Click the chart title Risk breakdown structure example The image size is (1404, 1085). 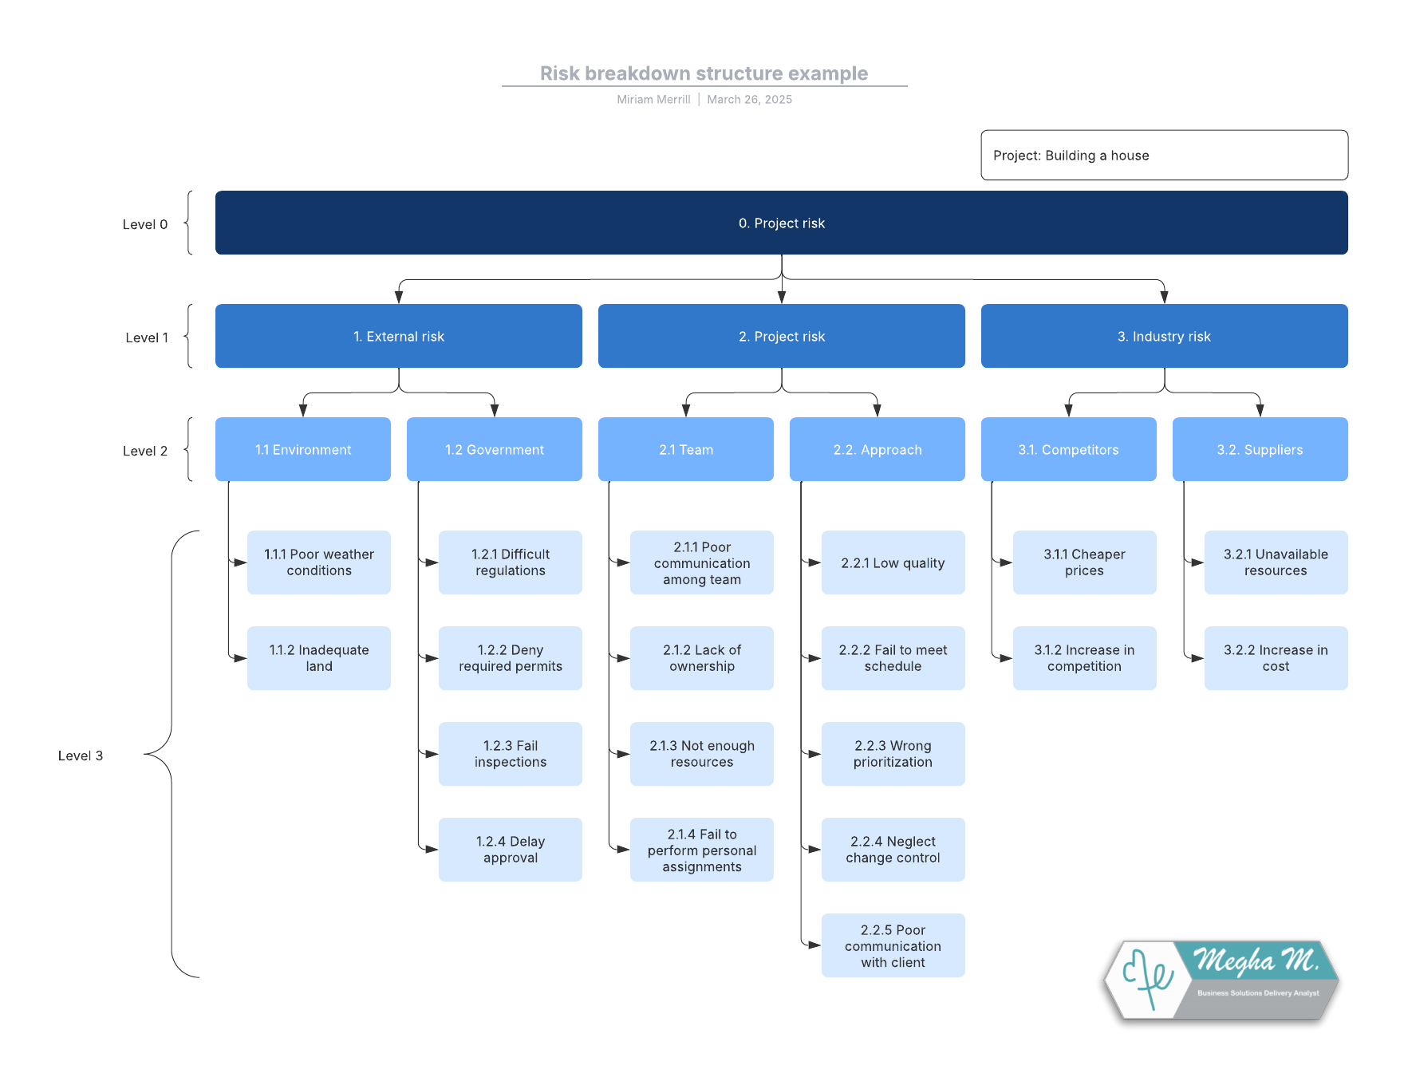[x=704, y=73]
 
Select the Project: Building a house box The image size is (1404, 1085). [x=1163, y=156]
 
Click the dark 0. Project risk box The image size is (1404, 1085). [x=781, y=223]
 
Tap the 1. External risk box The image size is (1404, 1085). [x=398, y=337]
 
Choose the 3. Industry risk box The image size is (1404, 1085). [x=1163, y=337]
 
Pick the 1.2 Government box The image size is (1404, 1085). [x=494, y=450]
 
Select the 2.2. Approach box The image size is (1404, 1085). [x=877, y=450]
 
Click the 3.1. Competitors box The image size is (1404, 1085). [x=1067, y=450]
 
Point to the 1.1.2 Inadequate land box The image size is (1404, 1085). [x=318, y=658]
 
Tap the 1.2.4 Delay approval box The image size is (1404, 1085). [x=510, y=850]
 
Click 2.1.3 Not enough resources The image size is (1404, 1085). [x=701, y=754]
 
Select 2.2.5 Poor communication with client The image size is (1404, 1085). [x=893, y=945]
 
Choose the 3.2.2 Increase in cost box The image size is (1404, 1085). [x=1275, y=658]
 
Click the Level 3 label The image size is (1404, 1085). [x=81, y=756]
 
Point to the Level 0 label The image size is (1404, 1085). [x=144, y=224]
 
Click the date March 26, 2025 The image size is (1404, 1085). [x=749, y=100]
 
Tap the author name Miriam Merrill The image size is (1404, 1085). [x=653, y=100]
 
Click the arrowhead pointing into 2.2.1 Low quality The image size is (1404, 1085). [x=814, y=562]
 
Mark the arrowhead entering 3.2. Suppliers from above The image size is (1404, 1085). [x=1260, y=410]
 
